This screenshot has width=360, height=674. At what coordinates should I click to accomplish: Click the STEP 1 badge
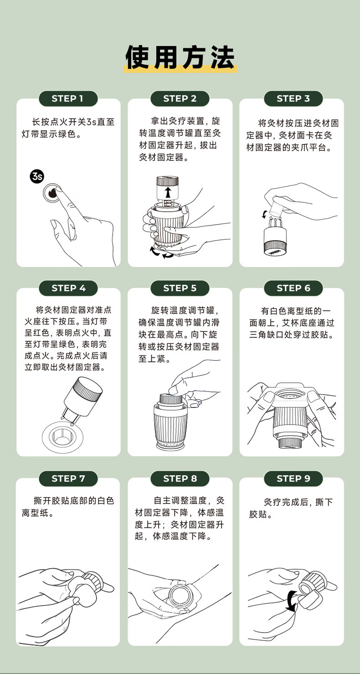click(68, 98)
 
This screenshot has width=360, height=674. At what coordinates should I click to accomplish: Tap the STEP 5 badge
click(180, 288)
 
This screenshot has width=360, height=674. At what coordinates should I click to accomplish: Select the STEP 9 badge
click(293, 478)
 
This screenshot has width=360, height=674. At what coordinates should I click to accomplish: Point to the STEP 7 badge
click(68, 478)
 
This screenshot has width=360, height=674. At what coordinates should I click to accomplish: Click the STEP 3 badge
click(293, 98)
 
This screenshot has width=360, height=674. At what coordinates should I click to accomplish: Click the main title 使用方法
click(180, 57)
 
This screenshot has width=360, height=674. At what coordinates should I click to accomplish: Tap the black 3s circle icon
click(37, 176)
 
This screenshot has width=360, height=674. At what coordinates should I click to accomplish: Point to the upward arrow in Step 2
click(168, 192)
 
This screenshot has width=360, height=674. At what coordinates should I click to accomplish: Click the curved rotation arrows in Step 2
click(162, 253)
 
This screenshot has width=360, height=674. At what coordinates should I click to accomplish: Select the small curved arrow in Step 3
click(265, 214)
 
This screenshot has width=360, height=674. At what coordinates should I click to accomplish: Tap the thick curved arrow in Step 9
click(290, 601)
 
